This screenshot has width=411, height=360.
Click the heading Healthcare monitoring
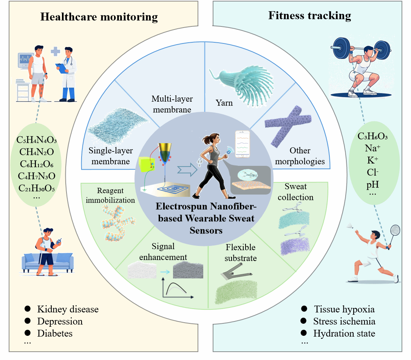[99, 17]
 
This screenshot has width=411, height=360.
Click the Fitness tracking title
[309, 15]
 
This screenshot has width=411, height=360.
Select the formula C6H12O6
[37, 164]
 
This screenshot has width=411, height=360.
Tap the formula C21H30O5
[37, 188]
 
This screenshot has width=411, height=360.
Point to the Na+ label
[372, 148]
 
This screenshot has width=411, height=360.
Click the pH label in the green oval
[372, 185]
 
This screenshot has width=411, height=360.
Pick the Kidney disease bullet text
[68, 309]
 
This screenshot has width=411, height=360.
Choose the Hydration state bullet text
[344, 333]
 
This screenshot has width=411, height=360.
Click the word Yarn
[224, 103]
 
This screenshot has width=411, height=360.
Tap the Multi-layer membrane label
[172, 104]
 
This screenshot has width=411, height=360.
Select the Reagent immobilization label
[110, 195]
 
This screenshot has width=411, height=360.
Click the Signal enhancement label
[163, 252]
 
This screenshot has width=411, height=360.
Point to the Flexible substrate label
[241, 252]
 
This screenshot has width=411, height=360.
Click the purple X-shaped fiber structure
[288, 126]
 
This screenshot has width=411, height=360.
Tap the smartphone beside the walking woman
[242, 144]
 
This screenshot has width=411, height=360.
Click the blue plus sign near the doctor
[55, 51]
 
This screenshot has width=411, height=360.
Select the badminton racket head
[395, 230]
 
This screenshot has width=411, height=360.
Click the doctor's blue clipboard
[62, 68]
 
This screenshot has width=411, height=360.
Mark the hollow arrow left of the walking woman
[187, 170]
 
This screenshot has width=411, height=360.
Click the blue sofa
[48, 263]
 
